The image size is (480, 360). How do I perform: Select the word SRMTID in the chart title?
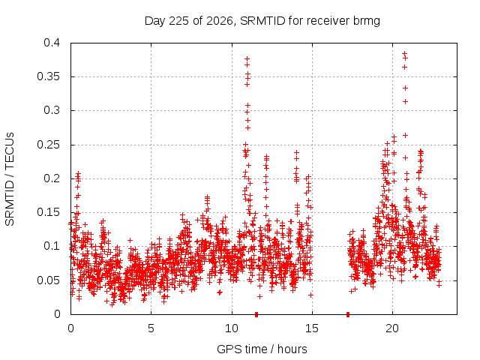click(x=262, y=21)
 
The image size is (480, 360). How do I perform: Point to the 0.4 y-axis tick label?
click(x=52, y=43)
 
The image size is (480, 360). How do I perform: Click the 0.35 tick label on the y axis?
click(x=48, y=76)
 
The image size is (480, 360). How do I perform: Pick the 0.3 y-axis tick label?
click(x=52, y=110)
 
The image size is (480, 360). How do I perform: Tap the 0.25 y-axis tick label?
click(x=48, y=145)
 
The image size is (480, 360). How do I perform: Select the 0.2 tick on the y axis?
click(x=52, y=178)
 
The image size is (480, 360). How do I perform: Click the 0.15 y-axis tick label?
click(x=48, y=212)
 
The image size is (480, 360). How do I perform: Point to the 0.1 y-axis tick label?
click(x=52, y=246)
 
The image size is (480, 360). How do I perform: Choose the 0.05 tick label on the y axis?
click(x=48, y=280)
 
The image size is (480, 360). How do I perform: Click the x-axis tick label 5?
click(x=151, y=328)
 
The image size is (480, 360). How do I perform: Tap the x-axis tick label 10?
click(x=232, y=328)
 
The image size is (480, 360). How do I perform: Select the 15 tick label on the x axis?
click(x=312, y=328)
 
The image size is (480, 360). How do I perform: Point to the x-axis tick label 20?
click(x=392, y=328)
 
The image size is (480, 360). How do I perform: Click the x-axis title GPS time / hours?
click(x=262, y=349)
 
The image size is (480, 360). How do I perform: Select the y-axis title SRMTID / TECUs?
click(x=10, y=179)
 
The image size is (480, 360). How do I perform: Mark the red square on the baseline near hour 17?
click(x=348, y=314)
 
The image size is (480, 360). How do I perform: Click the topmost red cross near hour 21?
click(x=404, y=53)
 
